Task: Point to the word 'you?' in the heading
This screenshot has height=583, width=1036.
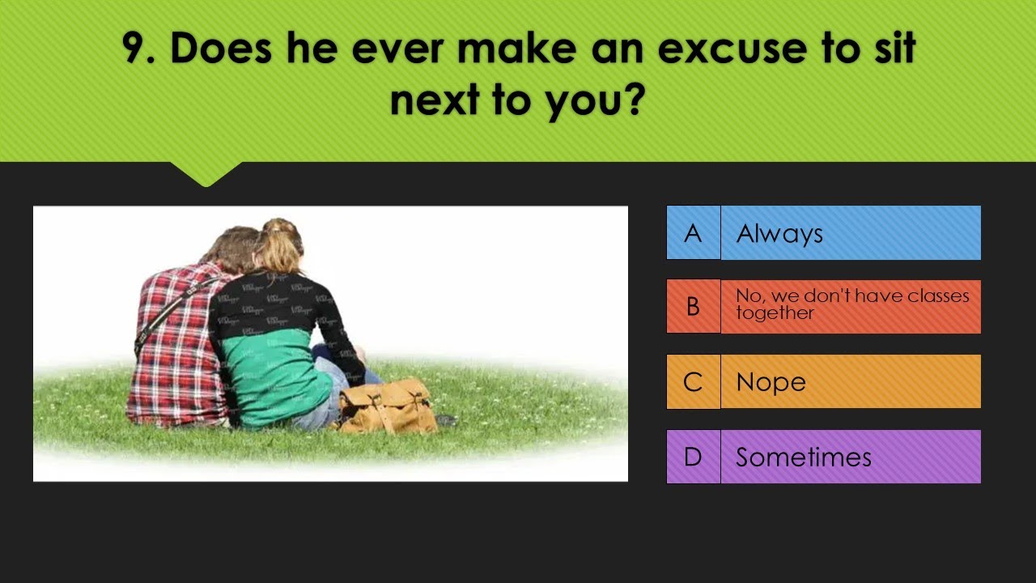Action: pos(597,102)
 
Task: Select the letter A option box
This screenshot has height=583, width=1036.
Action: pos(693,233)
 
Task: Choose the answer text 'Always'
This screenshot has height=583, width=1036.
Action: pos(779,234)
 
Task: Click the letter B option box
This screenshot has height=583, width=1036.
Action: pos(693,307)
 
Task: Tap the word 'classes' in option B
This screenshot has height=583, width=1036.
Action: pos(938,296)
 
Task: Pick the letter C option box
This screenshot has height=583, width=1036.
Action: pos(693,381)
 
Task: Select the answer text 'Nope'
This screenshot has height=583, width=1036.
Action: pos(771,382)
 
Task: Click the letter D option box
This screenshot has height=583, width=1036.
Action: pos(693,457)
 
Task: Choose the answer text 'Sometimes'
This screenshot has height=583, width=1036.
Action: pos(803,457)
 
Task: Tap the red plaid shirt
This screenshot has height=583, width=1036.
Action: pos(174,356)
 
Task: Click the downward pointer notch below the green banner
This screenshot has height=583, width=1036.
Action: pos(206,173)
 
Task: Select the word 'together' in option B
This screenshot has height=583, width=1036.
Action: pos(775,314)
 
